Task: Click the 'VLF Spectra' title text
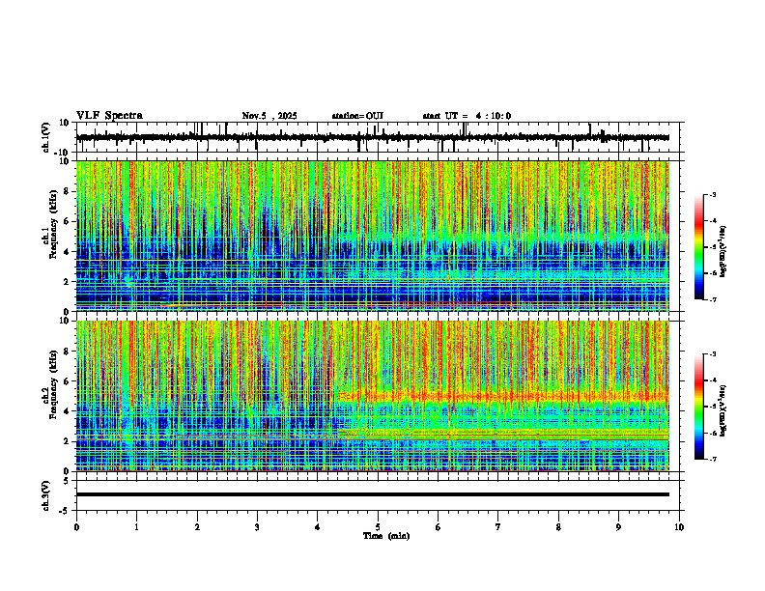109,116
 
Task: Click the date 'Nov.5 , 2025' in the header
269,116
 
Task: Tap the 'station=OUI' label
357,116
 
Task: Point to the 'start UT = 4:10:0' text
467,116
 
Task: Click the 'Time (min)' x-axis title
385,535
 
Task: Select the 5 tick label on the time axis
378,526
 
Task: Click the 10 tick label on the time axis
679,526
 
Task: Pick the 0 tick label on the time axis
76,526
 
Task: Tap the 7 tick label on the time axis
498,526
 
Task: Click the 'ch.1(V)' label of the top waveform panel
46,138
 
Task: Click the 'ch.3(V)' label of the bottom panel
46,494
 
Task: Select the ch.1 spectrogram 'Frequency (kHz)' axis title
49,237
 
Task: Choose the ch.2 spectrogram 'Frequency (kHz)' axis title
49,396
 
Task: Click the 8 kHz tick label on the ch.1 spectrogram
68,191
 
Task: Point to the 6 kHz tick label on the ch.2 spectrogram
68,380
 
